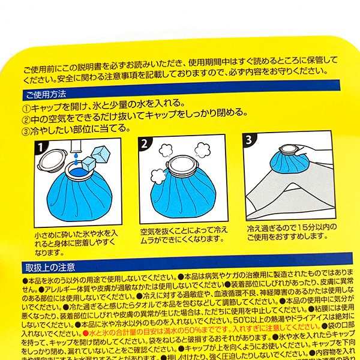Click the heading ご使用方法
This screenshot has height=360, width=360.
click(x=46, y=95)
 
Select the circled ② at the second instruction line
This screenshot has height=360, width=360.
click(x=26, y=118)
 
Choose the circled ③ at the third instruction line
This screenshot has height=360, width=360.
click(x=26, y=129)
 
